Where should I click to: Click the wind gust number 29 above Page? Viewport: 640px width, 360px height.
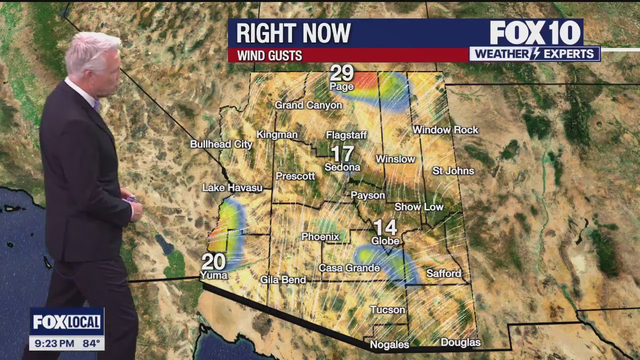pyautogui.click(x=342, y=73)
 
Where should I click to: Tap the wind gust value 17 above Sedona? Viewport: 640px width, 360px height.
pyautogui.click(x=342, y=154)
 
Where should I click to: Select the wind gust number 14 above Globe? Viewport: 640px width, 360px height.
pyautogui.click(x=385, y=228)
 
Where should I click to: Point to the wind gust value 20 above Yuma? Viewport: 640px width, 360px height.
pyautogui.click(x=213, y=262)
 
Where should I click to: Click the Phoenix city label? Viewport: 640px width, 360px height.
pyautogui.click(x=320, y=236)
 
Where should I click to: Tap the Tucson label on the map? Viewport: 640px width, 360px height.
pyautogui.click(x=387, y=310)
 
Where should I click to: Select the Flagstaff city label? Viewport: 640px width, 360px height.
pyautogui.click(x=346, y=135)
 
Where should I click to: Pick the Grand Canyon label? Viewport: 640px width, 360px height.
pyautogui.click(x=308, y=105)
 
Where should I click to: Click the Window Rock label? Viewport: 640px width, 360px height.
pyautogui.click(x=445, y=130)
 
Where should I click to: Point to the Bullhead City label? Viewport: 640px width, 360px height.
pyautogui.click(x=221, y=144)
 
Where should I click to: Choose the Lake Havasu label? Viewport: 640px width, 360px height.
pyautogui.click(x=232, y=188)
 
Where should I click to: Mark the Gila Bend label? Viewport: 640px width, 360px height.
pyautogui.click(x=283, y=280)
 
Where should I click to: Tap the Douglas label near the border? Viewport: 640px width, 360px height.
pyautogui.click(x=460, y=342)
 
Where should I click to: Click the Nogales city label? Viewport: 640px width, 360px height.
pyautogui.click(x=389, y=344)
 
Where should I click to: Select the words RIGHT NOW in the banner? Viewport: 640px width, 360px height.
pyautogui.click(x=293, y=33)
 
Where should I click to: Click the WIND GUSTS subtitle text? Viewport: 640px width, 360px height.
pyautogui.click(x=269, y=55)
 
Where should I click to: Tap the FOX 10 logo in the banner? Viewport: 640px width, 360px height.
pyautogui.click(x=535, y=33)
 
